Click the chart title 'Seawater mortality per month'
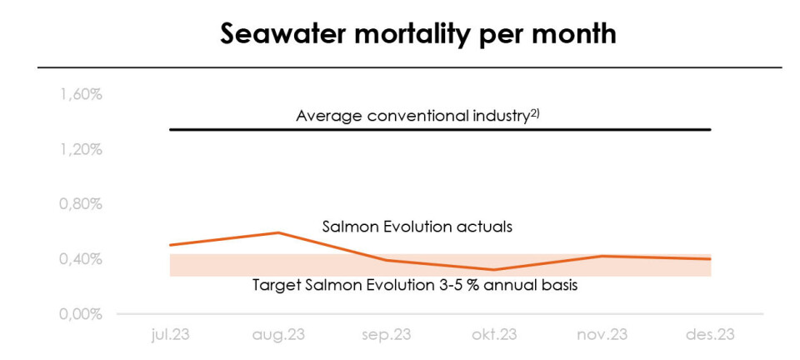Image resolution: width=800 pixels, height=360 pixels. (418, 33)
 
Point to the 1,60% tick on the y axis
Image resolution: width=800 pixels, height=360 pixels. (80, 94)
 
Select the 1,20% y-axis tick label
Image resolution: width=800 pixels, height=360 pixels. (80, 149)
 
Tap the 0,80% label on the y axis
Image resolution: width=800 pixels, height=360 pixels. (80, 204)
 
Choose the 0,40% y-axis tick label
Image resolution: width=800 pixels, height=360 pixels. (80, 259)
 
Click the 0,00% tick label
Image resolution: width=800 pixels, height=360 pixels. (80, 314)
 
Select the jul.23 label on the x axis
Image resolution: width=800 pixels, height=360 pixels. (170, 335)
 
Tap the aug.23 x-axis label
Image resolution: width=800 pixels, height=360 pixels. (278, 335)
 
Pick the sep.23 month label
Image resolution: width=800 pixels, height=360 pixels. (387, 335)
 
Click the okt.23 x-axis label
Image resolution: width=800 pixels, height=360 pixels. (494, 335)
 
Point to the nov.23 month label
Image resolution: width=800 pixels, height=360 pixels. (602, 335)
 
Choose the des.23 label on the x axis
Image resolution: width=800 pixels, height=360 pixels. (710, 335)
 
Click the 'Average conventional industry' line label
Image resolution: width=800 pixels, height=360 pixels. (412, 116)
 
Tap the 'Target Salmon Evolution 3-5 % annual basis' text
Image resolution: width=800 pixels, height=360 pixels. (415, 285)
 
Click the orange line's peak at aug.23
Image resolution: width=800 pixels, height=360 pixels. (278, 232)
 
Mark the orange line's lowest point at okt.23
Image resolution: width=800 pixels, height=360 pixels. (494, 269)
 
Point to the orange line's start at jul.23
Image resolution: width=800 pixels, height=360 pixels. (171, 245)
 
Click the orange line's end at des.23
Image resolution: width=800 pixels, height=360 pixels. (710, 259)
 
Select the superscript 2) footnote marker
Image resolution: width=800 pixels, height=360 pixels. (535, 112)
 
